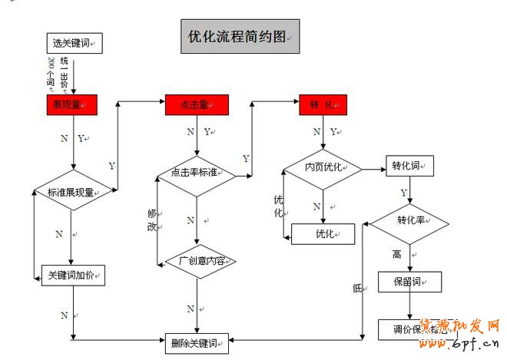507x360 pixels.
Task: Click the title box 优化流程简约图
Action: [240, 37]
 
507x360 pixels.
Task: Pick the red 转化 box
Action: [323, 105]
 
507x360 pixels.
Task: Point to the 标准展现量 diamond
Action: [72, 192]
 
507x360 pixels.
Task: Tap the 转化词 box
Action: [409, 166]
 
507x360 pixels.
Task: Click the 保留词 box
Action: [409, 282]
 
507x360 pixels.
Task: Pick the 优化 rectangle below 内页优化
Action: [323, 233]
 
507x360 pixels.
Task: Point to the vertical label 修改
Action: [151, 220]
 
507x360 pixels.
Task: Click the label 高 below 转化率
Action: [397, 254]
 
